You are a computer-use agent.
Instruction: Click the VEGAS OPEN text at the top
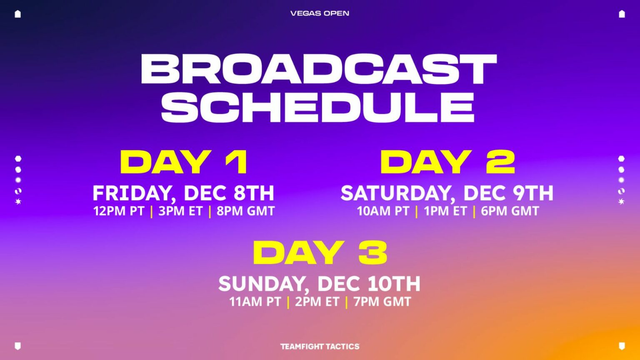(320, 13)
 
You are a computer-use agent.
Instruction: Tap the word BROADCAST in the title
(319, 70)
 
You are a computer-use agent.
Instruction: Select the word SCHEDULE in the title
(317, 107)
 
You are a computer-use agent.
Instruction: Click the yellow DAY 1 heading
(184, 162)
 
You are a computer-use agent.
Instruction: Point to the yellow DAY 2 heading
(447, 162)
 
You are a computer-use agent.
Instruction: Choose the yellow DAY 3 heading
(320, 253)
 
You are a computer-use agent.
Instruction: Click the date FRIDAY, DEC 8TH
(183, 193)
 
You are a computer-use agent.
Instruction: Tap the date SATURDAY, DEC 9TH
(447, 193)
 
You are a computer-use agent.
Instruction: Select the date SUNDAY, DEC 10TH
(320, 284)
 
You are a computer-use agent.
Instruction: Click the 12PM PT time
(119, 211)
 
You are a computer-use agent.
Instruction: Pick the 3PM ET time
(180, 211)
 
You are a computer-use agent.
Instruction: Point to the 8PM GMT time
(245, 211)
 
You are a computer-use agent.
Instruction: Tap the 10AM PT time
(383, 211)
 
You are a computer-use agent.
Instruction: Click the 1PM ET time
(445, 211)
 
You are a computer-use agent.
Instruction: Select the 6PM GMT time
(510, 211)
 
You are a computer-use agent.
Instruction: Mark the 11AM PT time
(255, 302)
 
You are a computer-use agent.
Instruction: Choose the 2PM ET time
(317, 302)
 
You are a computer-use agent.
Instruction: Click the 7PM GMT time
(382, 302)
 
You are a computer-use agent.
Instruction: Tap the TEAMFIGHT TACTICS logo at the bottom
(320, 346)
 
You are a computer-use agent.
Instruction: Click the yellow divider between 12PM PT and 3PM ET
(151, 211)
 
